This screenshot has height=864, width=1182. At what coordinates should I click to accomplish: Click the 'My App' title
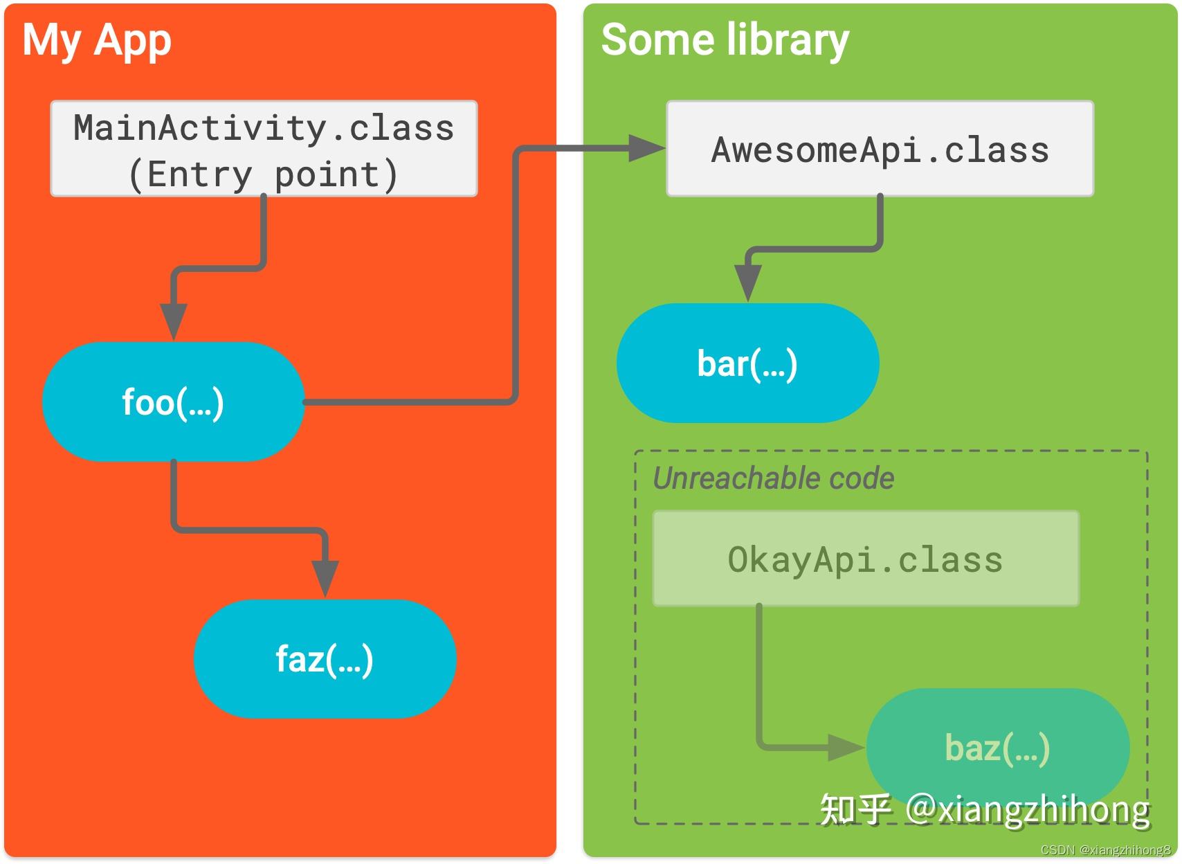[97, 40]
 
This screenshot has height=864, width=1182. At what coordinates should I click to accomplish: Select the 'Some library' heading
[725, 39]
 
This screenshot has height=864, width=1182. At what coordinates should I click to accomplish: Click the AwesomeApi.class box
[880, 149]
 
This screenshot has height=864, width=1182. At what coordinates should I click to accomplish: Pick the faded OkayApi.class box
[865, 559]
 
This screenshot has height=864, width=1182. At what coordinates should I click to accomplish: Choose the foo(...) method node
[173, 402]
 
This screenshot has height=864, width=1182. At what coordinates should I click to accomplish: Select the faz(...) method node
[325, 658]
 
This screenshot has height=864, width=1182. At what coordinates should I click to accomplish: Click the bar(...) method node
[747, 363]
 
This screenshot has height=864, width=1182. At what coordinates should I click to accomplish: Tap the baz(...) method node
[997, 748]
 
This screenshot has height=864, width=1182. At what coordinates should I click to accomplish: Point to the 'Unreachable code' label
[773, 478]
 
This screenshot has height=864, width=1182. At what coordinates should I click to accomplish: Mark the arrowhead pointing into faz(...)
[325, 577]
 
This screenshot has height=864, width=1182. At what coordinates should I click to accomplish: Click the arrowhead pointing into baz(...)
[846, 748]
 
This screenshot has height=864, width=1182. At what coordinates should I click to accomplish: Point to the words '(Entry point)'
[264, 174]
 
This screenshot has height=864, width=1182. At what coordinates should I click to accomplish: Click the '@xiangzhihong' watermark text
[1027, 809]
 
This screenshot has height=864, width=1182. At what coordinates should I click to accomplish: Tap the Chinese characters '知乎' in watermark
[855, 809]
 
